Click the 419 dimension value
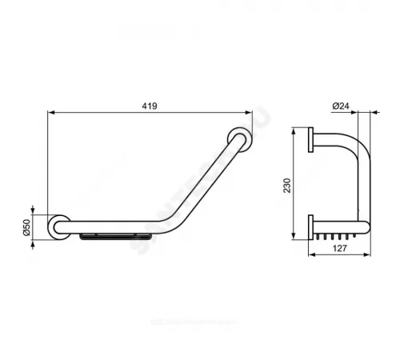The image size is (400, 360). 148,105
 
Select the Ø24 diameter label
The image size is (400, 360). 338,105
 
